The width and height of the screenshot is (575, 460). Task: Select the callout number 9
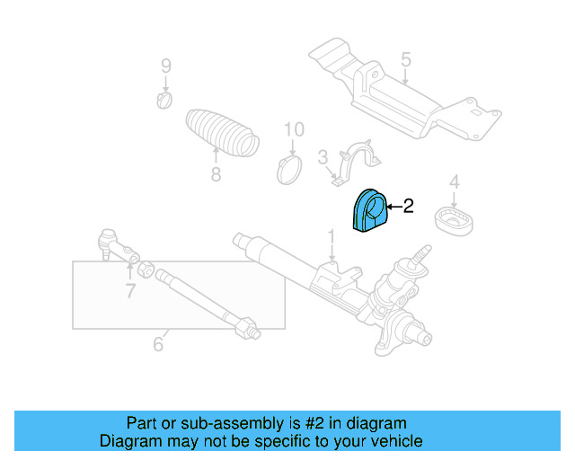(x=165, y=65)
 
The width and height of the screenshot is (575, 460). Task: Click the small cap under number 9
(x=164, y=98)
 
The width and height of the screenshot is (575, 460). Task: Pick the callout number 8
(x=216, y=175)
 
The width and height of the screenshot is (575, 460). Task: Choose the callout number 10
(x=295, y=130)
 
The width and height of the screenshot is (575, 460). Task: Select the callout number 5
(x=405, y=60)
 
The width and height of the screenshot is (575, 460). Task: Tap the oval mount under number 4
(x=455, y=220)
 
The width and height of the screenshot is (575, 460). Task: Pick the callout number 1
(x=331, y=236)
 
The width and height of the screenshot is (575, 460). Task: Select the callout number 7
(x=130, y=290)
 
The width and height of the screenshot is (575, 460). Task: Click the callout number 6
(x=158, y=343)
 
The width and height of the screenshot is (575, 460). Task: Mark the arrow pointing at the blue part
(x=392, y=207)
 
